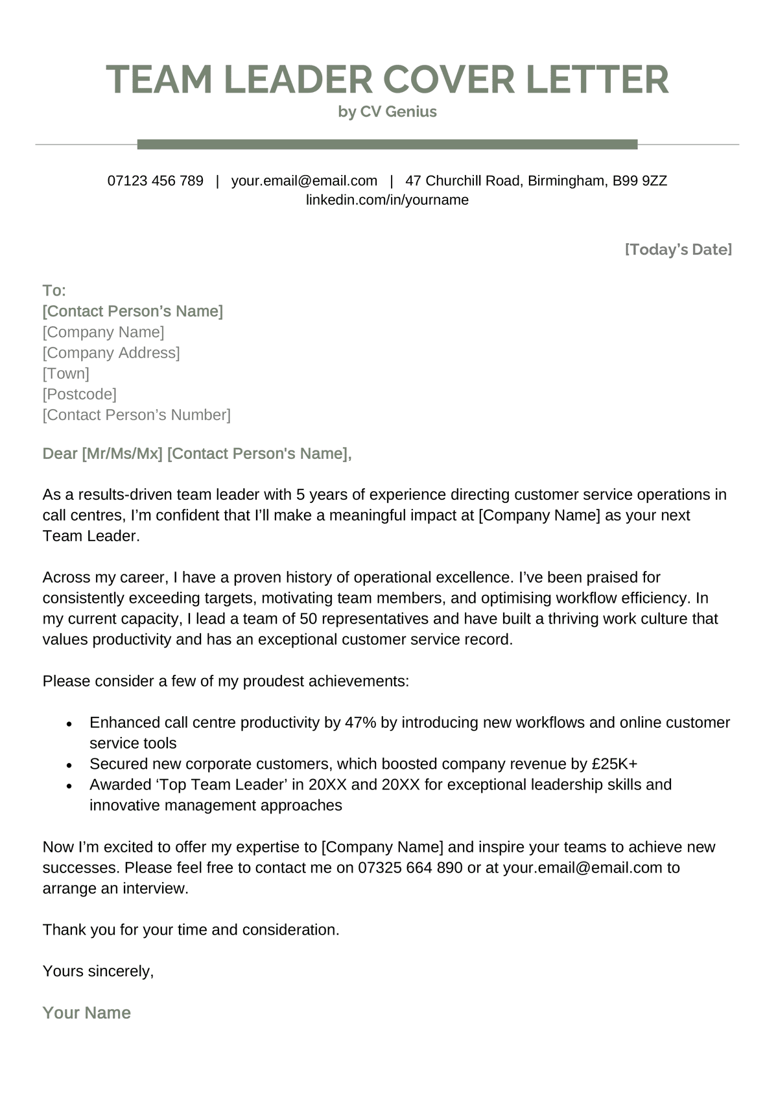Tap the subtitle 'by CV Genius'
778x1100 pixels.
point(387,112)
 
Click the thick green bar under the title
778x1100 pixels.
point(387,144)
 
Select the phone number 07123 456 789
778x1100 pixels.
point(156,181)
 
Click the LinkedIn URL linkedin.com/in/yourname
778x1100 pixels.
point(387,200)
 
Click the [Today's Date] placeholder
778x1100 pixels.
point(678,250)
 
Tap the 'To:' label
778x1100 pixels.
point(54,290)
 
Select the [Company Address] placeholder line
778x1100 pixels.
point(111,353)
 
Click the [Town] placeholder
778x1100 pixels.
point(66,373)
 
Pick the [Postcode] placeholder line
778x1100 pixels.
point(79,394)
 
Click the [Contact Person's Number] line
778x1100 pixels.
point(136,415)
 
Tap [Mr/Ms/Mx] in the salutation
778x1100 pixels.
point(122,454)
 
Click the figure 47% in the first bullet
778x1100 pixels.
point(360,723)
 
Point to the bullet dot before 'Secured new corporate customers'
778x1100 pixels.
point(69,765)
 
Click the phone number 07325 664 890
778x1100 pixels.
point(410,868)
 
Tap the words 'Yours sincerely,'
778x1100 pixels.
point(98,971)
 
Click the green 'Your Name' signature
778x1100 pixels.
point(86,1013)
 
